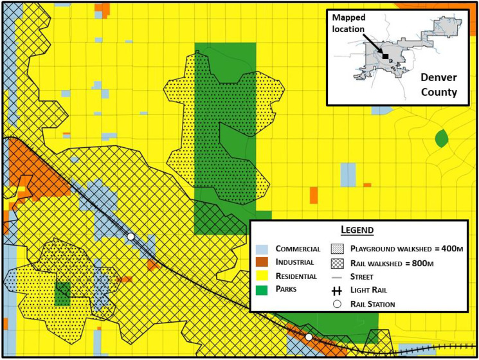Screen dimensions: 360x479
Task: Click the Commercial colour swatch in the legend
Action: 264,249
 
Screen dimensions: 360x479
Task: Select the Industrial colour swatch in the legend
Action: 264,262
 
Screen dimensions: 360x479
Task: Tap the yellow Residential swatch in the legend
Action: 264,276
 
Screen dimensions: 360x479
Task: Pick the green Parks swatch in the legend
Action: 264,289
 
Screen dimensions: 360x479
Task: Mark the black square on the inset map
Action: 385,57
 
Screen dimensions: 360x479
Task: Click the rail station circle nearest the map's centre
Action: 131,237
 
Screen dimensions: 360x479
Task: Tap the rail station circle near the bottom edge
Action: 309,337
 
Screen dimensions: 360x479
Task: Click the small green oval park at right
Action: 441,138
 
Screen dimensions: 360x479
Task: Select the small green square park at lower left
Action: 62,293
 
